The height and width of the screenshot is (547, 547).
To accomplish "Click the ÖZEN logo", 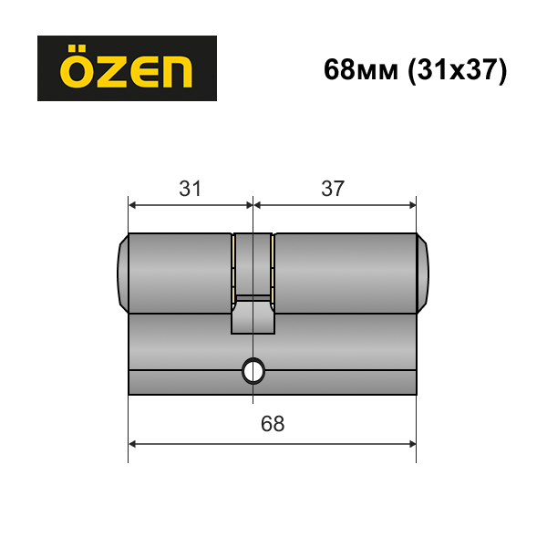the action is click(x=127, y=68).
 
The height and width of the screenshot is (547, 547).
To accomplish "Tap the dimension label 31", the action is click(x=191, y=189).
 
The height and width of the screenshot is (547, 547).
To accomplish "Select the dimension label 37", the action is click(x=333, y=189).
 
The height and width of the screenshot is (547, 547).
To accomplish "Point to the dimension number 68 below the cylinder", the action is click(x=273, y=424).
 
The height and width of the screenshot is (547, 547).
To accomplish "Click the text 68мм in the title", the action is click(x=361, y=70).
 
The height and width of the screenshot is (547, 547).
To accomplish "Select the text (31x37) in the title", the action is click(x=458, y=71).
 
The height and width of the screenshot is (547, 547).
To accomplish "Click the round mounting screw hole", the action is click(x=253, y=371).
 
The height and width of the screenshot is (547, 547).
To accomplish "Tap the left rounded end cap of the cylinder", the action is click(x=123, y=273).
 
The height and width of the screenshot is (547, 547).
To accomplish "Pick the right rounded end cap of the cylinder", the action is click(x=422, y=273).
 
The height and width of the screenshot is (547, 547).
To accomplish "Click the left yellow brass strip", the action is click(x=232, y=269).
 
